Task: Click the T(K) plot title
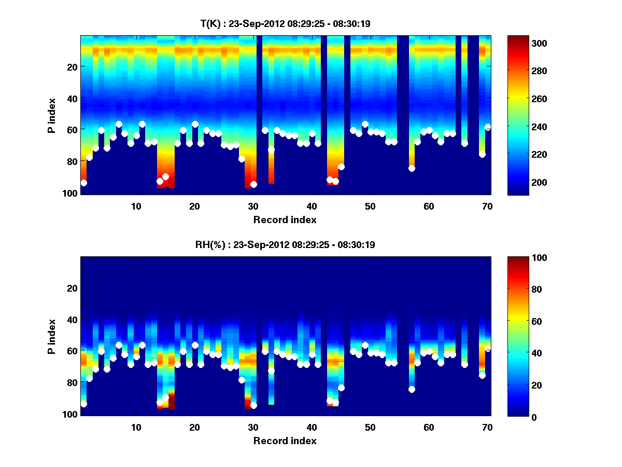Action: point(285,23)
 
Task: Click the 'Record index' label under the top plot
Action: point(285,219)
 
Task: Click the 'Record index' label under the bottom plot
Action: point(285,441)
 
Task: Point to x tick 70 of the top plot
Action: point(487,206)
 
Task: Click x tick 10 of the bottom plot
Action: point(136,427)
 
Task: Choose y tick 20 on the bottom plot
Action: point(73,288)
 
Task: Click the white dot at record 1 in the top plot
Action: point(83,183)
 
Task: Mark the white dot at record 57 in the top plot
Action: point(412,168)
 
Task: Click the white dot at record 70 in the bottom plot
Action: point(487,348)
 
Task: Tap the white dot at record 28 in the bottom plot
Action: point(242,380)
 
